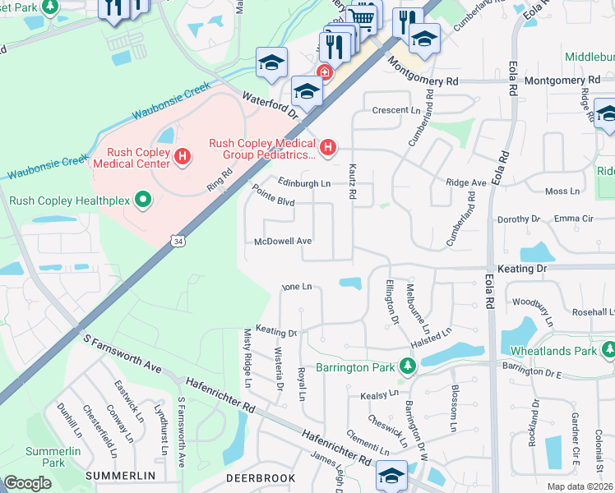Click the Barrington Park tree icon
pos(406,366)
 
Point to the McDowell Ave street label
pos(284,242)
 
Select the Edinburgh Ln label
pos(303,183)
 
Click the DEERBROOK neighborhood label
pos(259,477)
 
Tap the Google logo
pos(27,483)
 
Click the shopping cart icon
pos(362,16)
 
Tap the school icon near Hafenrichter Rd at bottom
pos(391,475)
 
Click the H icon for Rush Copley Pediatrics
pos(328,148)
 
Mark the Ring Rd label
pos(219,179)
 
